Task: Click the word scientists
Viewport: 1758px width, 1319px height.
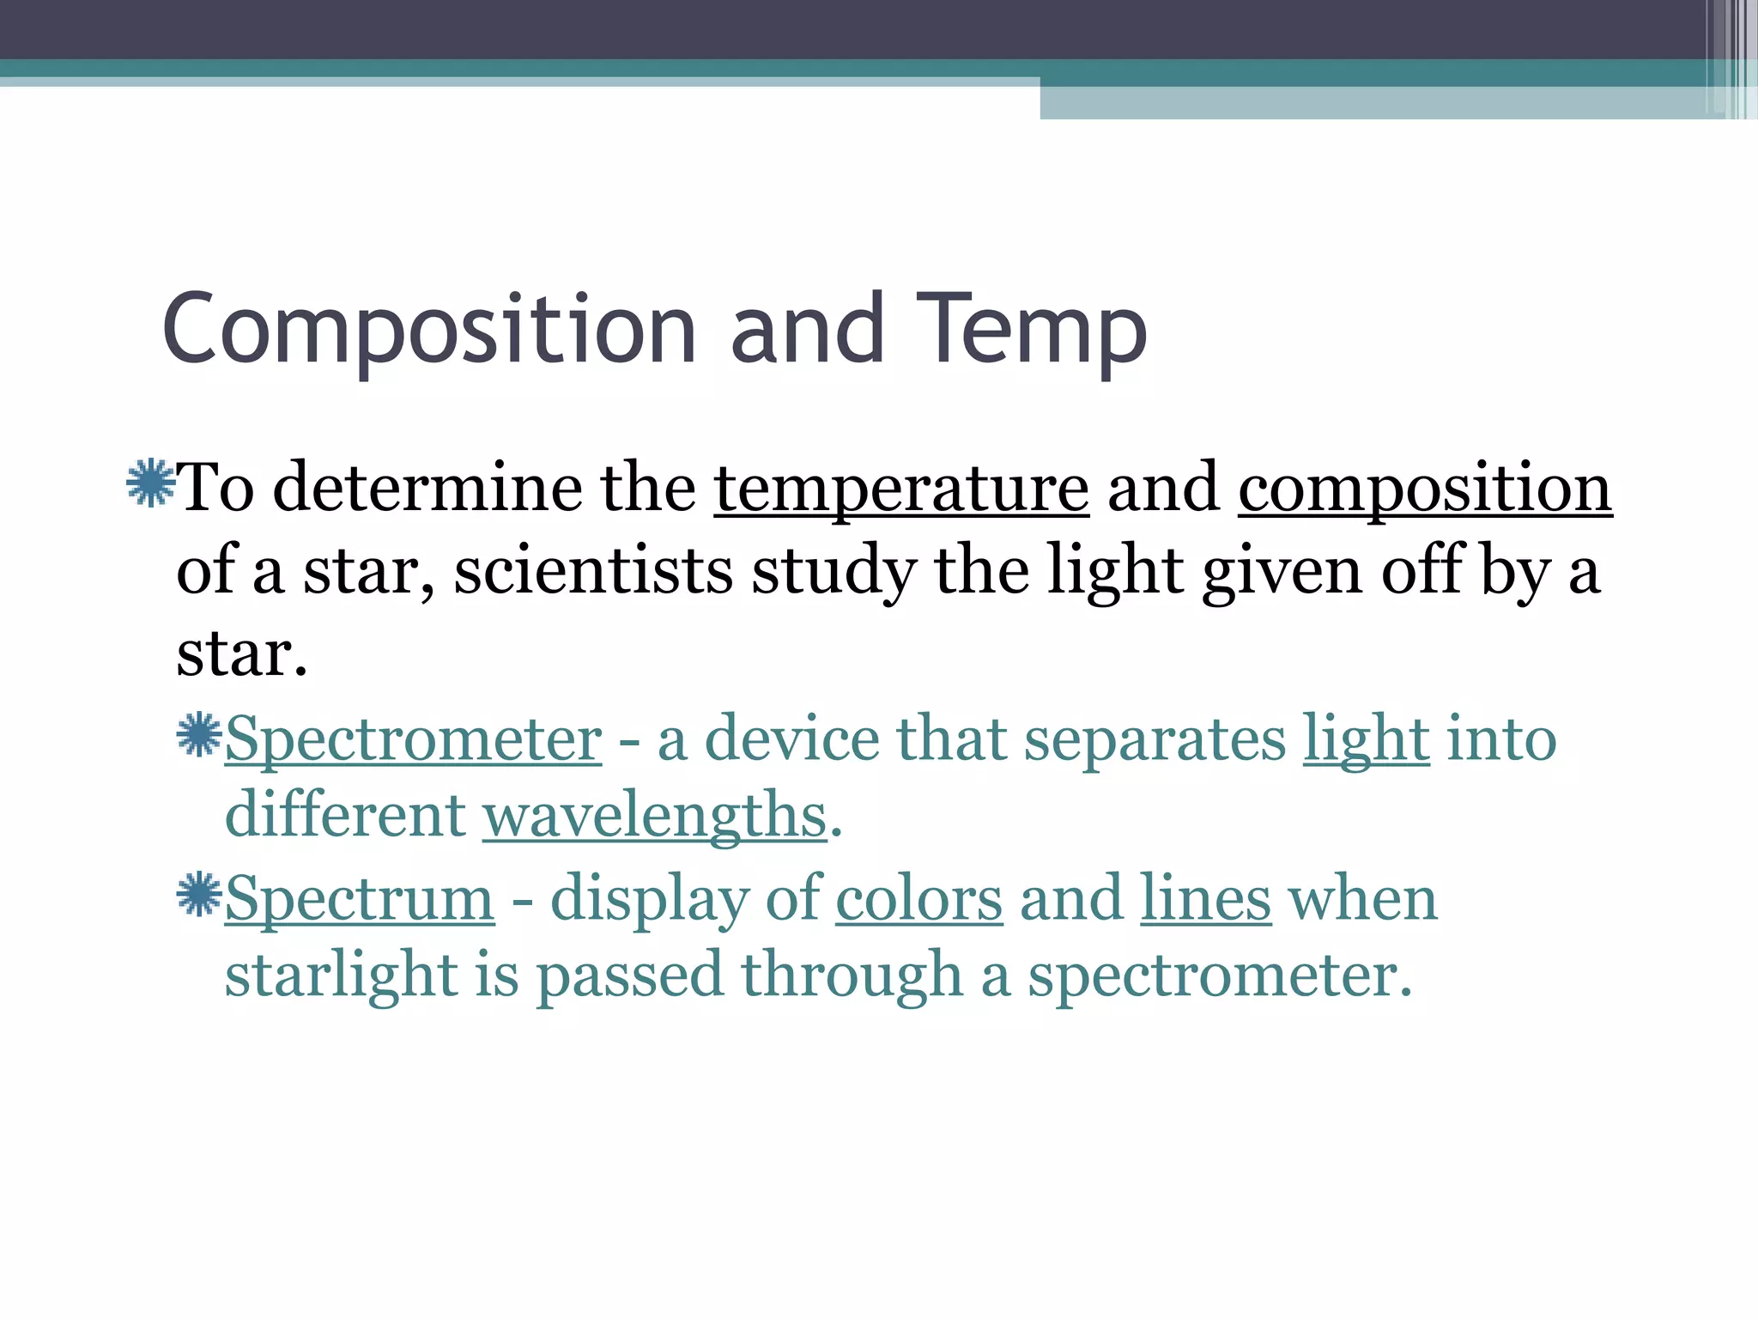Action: [x=592, y=571]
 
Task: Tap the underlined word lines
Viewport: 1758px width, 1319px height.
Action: [x=1205, y=898]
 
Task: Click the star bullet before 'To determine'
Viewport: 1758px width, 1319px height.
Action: [x=149, y=483]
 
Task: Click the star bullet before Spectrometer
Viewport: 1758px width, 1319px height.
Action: [x=199, y=735]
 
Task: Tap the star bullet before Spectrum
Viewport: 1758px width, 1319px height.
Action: [x=199, y=895]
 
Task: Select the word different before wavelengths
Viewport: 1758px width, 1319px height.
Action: [x=344, y=814]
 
